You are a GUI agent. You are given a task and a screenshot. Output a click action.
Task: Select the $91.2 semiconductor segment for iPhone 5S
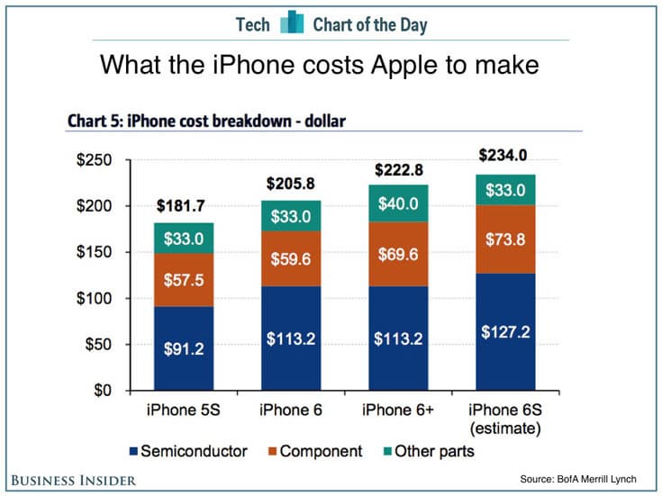185,349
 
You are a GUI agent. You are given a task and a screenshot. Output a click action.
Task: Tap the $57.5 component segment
185,280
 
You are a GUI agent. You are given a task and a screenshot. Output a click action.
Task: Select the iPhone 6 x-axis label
290,411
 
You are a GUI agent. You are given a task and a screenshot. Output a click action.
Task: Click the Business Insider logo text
73,480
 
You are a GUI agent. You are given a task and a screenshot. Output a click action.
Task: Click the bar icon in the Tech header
291,23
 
